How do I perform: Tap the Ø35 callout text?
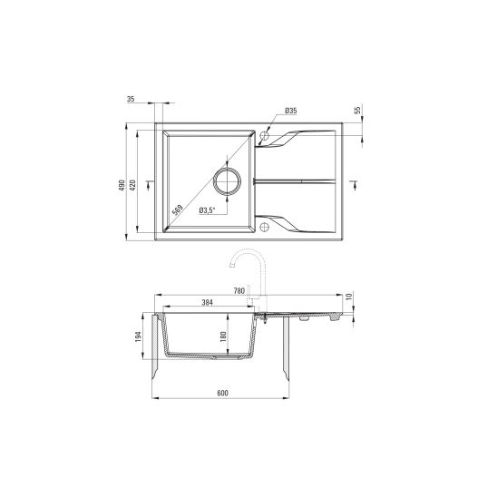click(x=290, y=111)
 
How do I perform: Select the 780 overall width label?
click(x=239, y=290)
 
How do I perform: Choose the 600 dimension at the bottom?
click(x=222, y=394)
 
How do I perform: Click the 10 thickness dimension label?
click(x=349, y=297)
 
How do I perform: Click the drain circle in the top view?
click(x=227, y=180)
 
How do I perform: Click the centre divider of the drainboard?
click(x=299, y=180)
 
